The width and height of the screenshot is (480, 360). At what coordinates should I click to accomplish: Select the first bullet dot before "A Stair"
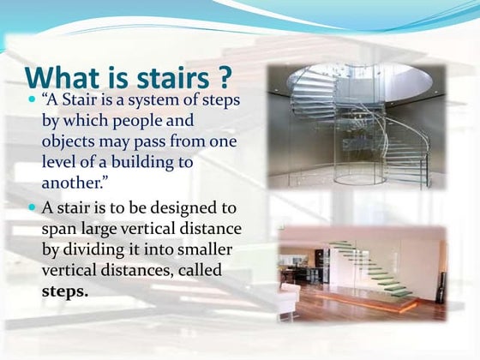pos(32,101)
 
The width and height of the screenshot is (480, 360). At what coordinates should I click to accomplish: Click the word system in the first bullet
pos(156,100)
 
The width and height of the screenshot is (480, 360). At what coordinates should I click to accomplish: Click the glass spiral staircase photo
pos(356,127)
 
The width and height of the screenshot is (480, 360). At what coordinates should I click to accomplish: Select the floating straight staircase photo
pos(361,273)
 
